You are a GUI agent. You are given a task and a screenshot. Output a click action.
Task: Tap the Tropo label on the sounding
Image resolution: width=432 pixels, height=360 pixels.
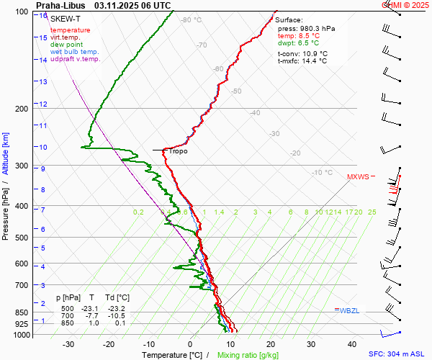pyautogui.click(x=178, y=151)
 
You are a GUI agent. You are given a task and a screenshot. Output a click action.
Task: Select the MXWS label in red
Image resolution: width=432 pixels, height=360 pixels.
pyautogui.click(x=358, y=176)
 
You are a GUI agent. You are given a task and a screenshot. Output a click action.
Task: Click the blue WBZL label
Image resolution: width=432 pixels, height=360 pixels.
pyautogui.click(x=349, y=310)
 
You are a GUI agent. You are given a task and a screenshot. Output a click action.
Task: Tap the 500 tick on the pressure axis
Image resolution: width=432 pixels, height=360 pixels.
pyautogui.click(x=22, y=238)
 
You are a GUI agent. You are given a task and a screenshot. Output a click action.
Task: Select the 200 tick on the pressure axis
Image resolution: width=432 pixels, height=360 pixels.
pyautogui.click(x=22, y=109)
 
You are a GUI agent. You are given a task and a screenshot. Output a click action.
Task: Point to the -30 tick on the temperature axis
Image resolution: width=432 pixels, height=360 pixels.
pyautogui.click(x=68, y=344)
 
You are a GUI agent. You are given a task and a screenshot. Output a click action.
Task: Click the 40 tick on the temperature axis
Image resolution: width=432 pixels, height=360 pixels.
pyautogui.click(x=352, y=344)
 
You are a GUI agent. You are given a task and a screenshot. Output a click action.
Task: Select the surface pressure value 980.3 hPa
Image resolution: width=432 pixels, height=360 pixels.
pyautogui.click(x=316, y=28)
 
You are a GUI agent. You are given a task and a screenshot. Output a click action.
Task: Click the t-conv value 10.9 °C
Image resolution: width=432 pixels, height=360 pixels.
pyautogui.click(x=313, y=53)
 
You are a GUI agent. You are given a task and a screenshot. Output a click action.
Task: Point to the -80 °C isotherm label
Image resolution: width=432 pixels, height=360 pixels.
pyautogui.click(x=192, y=20)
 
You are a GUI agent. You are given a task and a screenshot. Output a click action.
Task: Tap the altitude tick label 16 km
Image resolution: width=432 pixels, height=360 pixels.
pyautogui.click(x=43, y=16)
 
